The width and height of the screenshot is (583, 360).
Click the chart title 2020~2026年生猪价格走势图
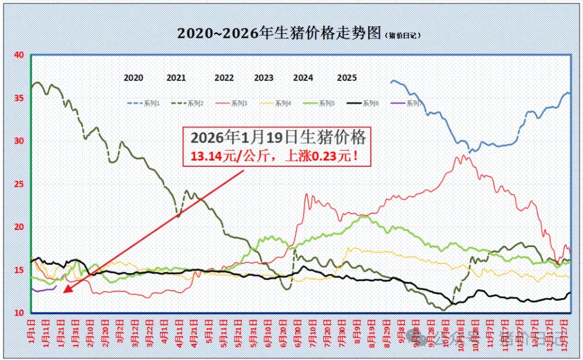pos(279,33)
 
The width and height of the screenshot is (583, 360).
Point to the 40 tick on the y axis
pos(19,55)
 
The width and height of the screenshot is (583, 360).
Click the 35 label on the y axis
pos(19,98)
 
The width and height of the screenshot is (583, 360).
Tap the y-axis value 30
pos(19,141)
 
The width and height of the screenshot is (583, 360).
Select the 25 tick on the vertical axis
pos(19,184)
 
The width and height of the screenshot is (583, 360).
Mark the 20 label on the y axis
pos(19,227)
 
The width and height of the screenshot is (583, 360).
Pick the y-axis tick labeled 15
pos(19,270)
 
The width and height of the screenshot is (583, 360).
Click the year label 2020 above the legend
pos(134,78)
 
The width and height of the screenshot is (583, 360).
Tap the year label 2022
pos(224,78)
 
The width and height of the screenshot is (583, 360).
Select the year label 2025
pos(347,78)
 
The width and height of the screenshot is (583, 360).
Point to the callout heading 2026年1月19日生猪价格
pos(277,138)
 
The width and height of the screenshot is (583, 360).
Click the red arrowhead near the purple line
pos(68,288)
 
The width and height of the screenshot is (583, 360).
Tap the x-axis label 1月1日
pos(33,331)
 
